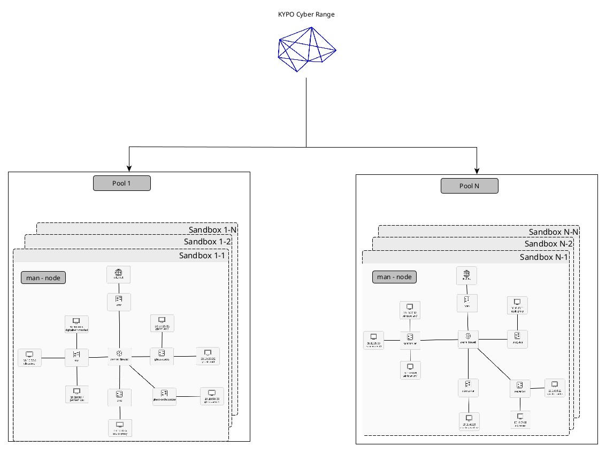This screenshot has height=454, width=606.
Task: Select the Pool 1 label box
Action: (122, 183)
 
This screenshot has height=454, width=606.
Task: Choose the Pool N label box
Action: (470, 186)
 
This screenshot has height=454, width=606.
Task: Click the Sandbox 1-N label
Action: (212, 229)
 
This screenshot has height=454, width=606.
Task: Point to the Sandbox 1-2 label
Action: (207, 242)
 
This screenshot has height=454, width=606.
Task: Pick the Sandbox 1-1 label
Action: (202, 255)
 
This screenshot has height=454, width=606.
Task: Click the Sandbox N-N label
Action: (554, 232)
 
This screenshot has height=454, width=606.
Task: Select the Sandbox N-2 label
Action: (549, 244)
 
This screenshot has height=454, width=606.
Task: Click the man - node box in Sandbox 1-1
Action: (43, 278)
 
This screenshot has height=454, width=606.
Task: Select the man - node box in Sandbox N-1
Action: (394, 276)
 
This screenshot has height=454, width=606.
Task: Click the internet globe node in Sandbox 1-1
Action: (119, 274)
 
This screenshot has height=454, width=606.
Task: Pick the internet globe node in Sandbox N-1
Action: (467, 275)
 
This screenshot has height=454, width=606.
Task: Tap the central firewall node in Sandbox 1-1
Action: (119, 355)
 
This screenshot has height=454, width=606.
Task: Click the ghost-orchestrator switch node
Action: (164, 396)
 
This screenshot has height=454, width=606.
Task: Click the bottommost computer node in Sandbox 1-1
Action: (120, 428)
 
